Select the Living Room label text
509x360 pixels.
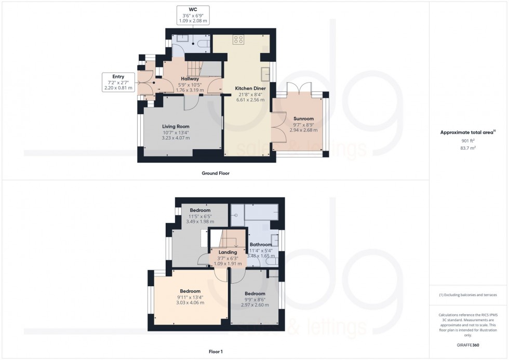coord(176,126)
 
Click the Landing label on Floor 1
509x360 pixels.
coord(228,252)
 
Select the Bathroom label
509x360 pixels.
coord(261,245)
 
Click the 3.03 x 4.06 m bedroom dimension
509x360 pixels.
coord(190,302)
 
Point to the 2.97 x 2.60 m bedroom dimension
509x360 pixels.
coord(255,305)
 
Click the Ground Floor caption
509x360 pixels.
coord(216,173)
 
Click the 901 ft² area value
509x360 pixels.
coord(468,140)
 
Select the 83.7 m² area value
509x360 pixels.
coord(468,148)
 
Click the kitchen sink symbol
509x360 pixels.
coord(265,73)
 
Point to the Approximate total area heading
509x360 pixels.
coord(467,132)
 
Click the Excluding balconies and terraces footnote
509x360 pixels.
coord(468,295)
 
